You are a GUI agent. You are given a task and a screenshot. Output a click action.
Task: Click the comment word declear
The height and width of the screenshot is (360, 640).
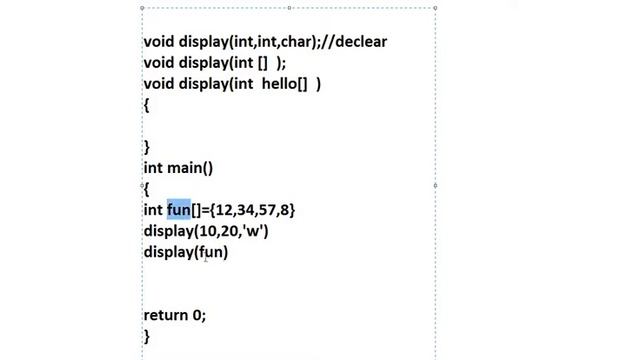361,42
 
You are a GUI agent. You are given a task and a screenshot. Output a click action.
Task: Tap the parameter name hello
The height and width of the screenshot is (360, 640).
279,84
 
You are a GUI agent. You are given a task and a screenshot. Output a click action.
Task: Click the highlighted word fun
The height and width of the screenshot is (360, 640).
179,210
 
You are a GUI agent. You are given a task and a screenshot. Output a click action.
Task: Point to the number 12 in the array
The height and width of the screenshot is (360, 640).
224,210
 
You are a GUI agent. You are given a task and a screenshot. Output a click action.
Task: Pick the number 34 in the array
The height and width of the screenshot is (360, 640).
245,210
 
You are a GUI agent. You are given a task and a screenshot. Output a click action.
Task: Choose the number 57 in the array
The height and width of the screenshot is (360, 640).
267,210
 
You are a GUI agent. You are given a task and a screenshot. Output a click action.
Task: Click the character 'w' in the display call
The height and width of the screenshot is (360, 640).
253,231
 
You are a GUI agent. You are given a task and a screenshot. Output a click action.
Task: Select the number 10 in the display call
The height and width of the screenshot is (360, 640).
207,231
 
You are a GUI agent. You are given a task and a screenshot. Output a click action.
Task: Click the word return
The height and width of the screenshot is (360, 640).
166,315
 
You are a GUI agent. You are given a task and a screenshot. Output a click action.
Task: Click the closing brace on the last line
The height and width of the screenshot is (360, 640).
147,337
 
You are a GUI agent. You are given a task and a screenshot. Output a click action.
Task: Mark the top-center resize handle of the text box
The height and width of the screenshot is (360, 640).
289,8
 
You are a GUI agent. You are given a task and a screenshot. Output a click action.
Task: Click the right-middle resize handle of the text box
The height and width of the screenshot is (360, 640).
436,186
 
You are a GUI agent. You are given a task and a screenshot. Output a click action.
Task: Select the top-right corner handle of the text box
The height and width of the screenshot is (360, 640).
436,8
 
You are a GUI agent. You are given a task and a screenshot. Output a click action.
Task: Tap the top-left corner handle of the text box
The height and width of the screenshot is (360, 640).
142,8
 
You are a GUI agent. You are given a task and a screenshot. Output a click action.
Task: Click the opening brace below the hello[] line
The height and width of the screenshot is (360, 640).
147,106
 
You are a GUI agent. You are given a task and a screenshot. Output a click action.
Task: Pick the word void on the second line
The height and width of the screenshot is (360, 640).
159,63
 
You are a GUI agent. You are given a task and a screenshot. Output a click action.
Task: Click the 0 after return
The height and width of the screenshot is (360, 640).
197,315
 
